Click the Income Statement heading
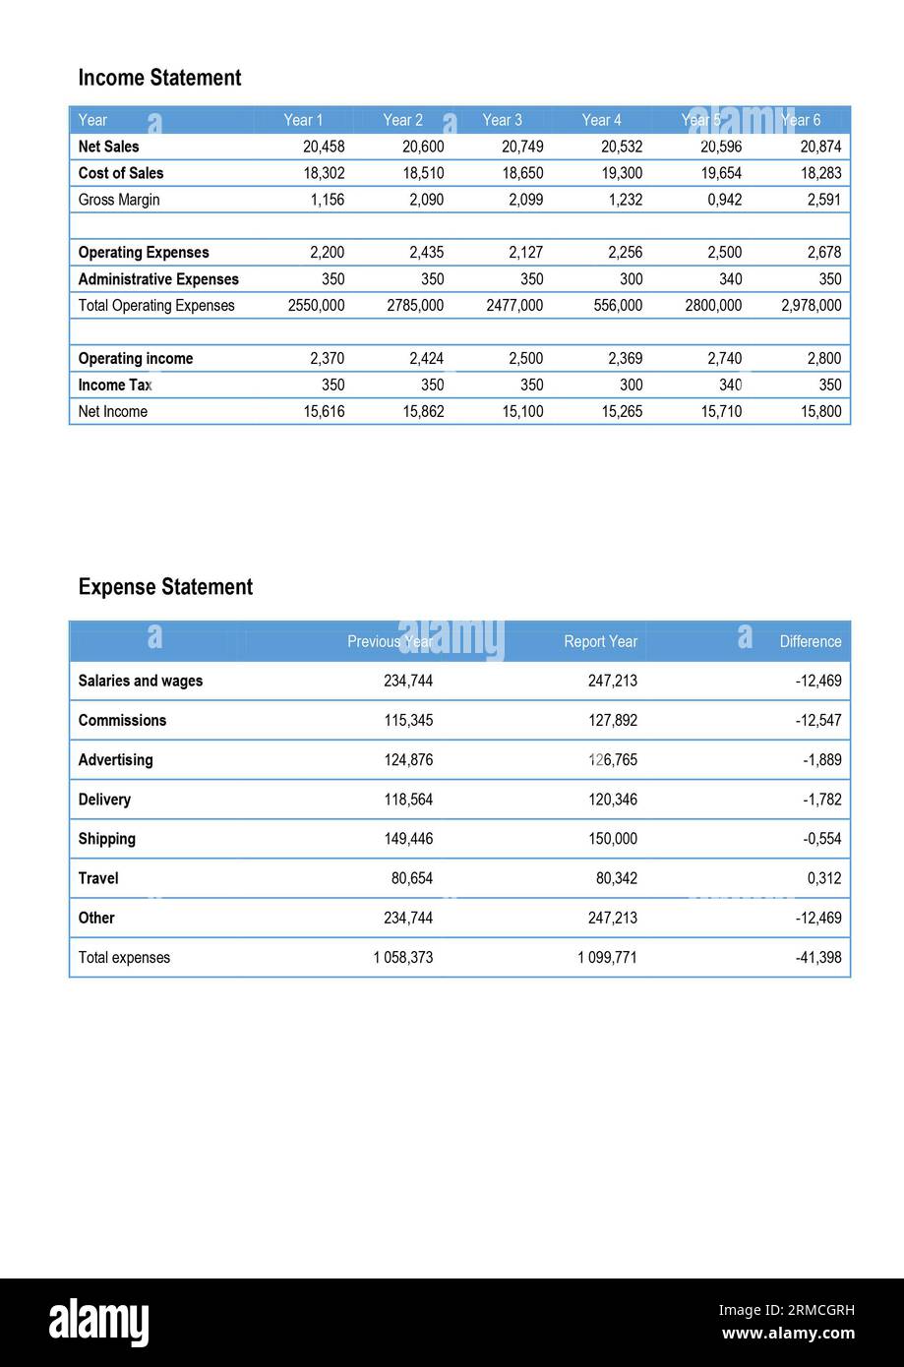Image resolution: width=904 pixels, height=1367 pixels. pyautogui.click(x=159, y=78)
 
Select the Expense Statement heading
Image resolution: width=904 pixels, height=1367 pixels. pyautogui.click(x=165, y=587)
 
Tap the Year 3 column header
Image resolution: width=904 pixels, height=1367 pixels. pyautogui.click(x=502, y=120)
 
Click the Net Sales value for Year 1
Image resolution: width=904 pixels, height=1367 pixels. pyautogui.click(x=324, y=147)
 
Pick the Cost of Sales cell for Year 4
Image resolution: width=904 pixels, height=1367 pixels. pyautogui.click(x=622, y=173)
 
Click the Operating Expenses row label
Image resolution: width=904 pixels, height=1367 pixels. pyautogui.click(x=143, y=253)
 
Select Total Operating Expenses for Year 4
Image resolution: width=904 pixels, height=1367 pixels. pyautogui.click(x=618, y=306)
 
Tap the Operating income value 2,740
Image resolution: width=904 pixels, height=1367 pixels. pyautogui.click(x=724, y=359)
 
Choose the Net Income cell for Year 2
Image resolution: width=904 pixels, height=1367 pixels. pyautogui.click(x=423, y=412)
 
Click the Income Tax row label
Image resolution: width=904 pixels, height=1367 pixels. pyautogui.click(x=115, y=386)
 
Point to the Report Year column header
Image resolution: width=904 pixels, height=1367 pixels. pyautogui.click(x=600, y=641)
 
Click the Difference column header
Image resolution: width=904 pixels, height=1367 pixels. pyautogui.click(x=810, y=641)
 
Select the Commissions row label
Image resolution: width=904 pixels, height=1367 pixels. pyautogui.click(x=122, y=721)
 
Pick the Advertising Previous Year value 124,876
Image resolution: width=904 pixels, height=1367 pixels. pyautogui.click(x=407, y=760)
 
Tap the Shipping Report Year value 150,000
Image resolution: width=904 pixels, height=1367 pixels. pyautogui.click(x=612, y=839)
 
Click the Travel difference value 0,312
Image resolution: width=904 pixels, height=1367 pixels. pyautogui.click(x=823, y=878)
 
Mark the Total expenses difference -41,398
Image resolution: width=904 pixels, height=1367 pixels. pyautogui.click(x=817, y=958)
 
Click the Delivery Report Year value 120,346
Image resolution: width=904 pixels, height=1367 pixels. pyautogui.click(x=612, y=800)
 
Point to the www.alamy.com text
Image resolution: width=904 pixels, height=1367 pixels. pyautogui.click(x=788, y=1334)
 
